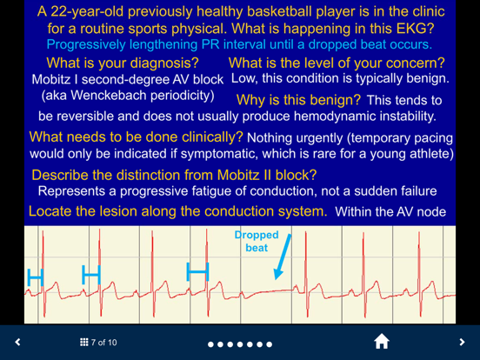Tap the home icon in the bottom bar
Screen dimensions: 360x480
pyautogui.click(x=381, y=342)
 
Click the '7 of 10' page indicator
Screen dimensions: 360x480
pyautogui.click(x=97, y=343)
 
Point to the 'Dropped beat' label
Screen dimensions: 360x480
pyautogui.click(x=257, y=241)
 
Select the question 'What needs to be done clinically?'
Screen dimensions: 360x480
pyautogui.click(x=137, y=137)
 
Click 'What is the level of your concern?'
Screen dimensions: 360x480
pyautogui.click(x=337, y=63)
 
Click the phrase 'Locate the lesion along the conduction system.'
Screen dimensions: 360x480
pyautogui.click(x=178, y=211)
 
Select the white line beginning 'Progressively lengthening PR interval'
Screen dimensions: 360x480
pyautogui.click(x=238, y=43)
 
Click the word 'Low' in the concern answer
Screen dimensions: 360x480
pyautogui.click(x=243, y=78)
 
